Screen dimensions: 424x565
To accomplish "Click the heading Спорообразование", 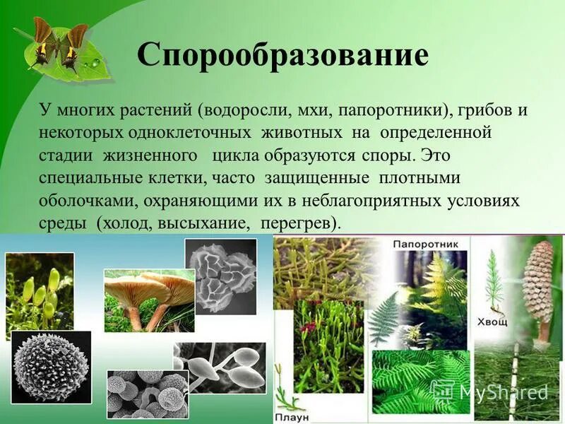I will [x=282, y=54].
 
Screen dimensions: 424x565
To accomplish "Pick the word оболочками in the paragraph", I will [x=88, y=201].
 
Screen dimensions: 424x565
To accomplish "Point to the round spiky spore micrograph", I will [x=51, y=367].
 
